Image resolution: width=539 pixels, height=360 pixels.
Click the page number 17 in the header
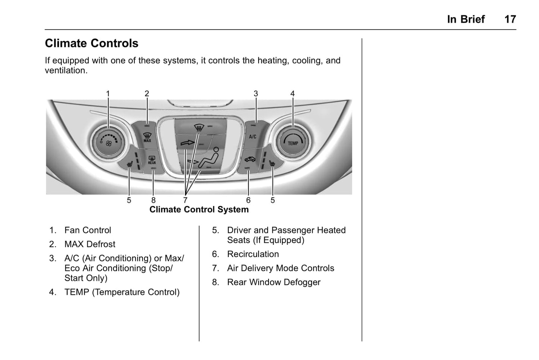pos(510,19)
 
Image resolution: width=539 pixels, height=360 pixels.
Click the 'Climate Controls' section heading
pos(91,43)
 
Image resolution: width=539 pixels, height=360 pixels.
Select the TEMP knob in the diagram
pos(293,142)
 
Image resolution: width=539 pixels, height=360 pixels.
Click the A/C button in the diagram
pos(253,137)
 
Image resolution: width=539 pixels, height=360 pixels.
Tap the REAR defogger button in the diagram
pos(152,160)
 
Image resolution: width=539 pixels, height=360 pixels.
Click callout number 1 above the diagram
pos(108,94)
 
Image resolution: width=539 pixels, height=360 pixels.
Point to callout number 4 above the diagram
pos(292,94)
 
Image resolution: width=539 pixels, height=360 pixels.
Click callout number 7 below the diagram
pos(185,200)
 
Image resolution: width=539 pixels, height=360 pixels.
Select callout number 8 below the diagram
pos(153,200)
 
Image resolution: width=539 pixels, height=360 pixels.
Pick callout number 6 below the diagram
pos(248,200)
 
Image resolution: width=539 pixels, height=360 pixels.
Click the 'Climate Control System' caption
pos(199,210)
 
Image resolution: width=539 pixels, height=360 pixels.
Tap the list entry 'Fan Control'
pos(88,230)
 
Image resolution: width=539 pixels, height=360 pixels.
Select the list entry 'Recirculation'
pos(253,254)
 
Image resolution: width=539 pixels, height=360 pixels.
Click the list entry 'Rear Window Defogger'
pos(273,282)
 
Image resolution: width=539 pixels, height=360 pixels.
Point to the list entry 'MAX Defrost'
pos(90,244)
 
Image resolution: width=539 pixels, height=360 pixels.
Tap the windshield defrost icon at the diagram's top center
pos(199,129)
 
